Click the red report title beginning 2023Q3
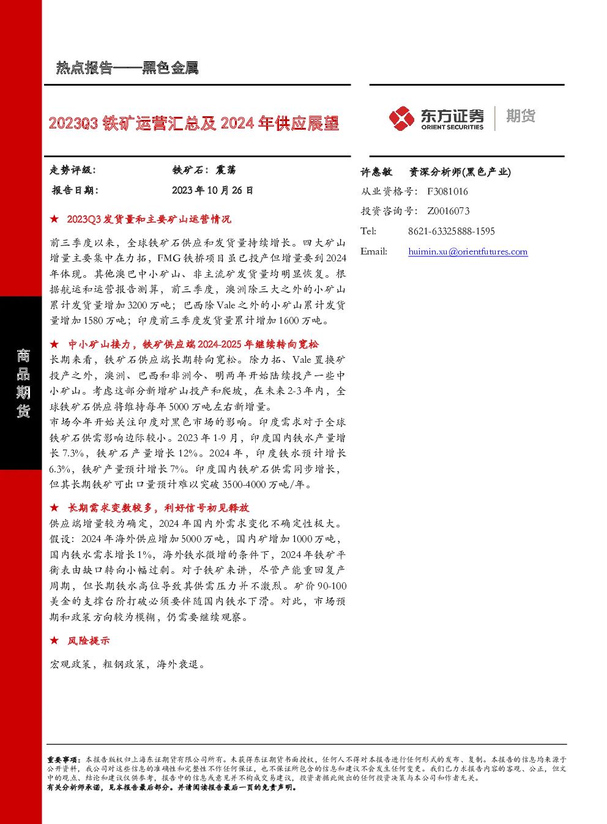point(193,123)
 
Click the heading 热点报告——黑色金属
point(127,68)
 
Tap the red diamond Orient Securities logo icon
point(401,118)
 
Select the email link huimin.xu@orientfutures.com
point(467,251)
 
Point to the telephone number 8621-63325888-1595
point(451,231)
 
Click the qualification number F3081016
point(447,191)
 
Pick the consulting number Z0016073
point(448,211)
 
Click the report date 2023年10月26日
point(212,190)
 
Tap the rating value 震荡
point(225,170)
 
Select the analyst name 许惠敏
point(376,172)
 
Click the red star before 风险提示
point(54,640)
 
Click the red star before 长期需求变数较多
point(54,508)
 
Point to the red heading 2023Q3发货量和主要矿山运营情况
point(149,219)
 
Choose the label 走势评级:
point(72,170)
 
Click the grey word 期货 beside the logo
point(521,116)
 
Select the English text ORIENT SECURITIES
point(452,127)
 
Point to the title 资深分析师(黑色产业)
point(460,172)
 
